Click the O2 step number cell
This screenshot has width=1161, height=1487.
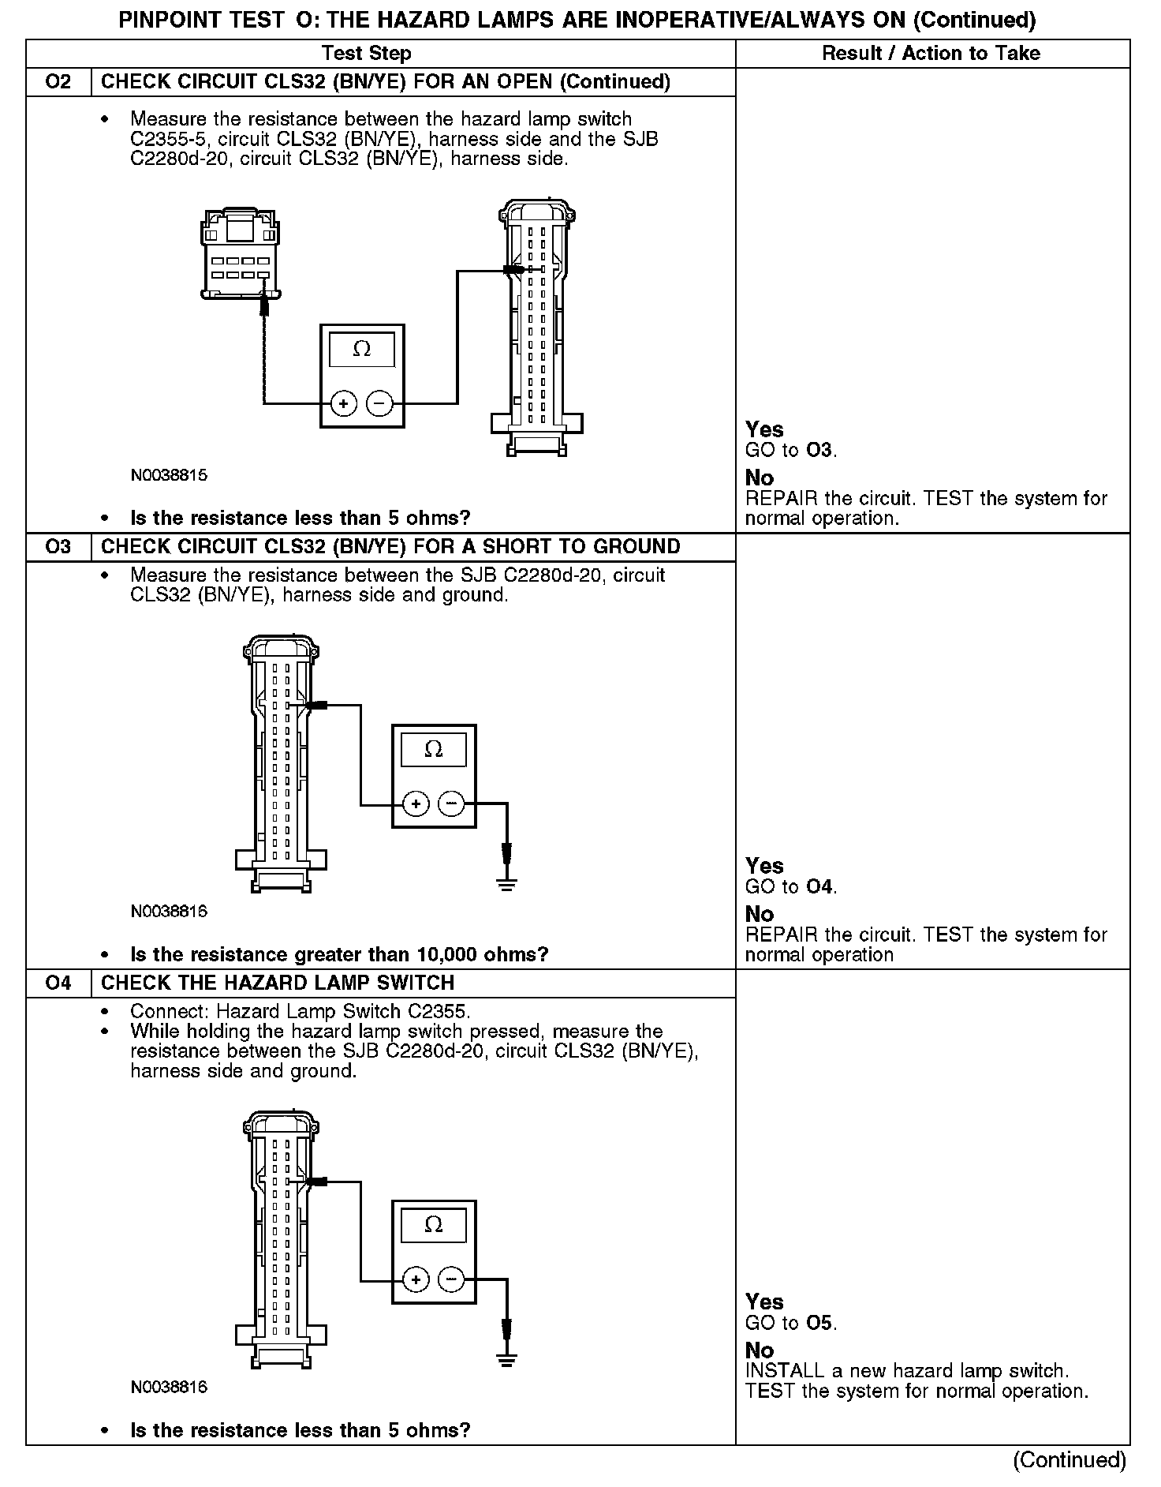58,82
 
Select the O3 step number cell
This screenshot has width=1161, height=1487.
58,547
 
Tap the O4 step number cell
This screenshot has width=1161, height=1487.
58,983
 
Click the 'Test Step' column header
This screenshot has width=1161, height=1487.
366,54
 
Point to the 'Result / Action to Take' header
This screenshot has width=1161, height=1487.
931,54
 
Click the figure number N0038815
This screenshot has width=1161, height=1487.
169,476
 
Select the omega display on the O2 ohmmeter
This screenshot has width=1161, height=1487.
362,349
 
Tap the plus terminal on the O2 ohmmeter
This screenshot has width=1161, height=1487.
343,404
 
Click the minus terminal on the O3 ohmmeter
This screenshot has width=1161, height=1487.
451,804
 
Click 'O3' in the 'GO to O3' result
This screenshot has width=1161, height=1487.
819,451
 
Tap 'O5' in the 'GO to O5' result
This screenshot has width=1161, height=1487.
819,1323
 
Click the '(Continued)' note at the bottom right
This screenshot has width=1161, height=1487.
1070,1460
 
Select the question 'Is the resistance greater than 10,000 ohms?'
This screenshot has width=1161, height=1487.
339,955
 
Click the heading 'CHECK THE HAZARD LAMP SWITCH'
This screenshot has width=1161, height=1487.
278,983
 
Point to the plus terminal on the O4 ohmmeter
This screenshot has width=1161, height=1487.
416,1279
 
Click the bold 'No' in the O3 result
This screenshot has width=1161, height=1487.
760,914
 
